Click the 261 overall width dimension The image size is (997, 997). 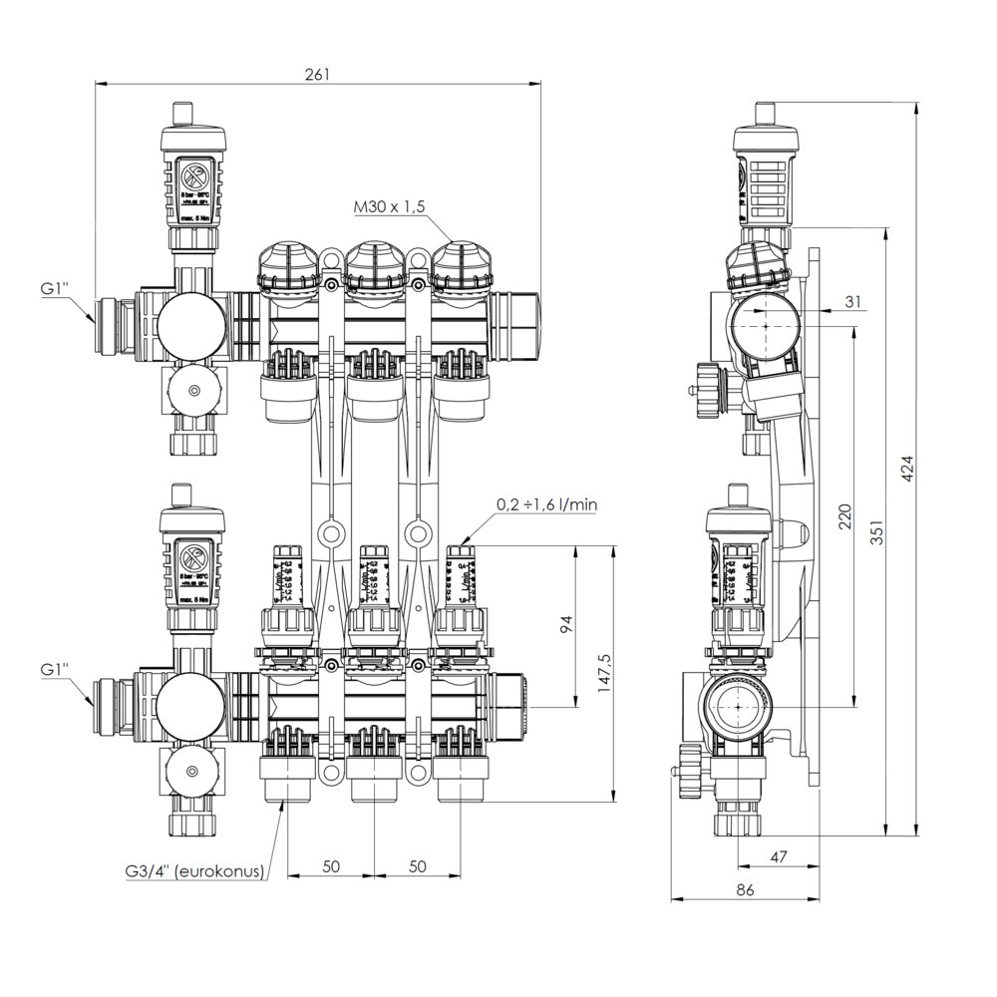(x=318, y=75)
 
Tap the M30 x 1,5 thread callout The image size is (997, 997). (x=390, y=207)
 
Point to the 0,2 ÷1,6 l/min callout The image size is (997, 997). (x=547, y=505)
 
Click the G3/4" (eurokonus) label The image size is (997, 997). (x=193, y=870)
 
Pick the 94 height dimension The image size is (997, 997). (x=564, y=625)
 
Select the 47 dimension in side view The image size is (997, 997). (x=779, y=856)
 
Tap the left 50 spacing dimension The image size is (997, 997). (x=332, y=866)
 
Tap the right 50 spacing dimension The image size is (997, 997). (x=418, y=866)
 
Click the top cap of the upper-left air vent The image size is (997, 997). (x=182, y=110)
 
